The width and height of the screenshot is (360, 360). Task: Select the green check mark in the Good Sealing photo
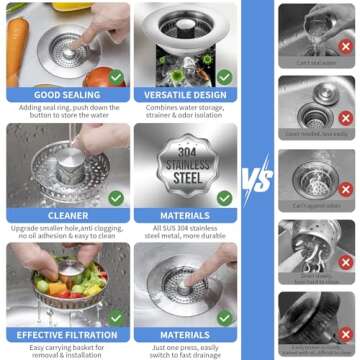tap(116, 76)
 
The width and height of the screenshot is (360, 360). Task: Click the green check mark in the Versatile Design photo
tap(225, 76)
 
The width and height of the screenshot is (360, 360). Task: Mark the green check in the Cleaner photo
tap(116, 198)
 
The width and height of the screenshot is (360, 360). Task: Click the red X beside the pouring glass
tap(345, 44)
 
